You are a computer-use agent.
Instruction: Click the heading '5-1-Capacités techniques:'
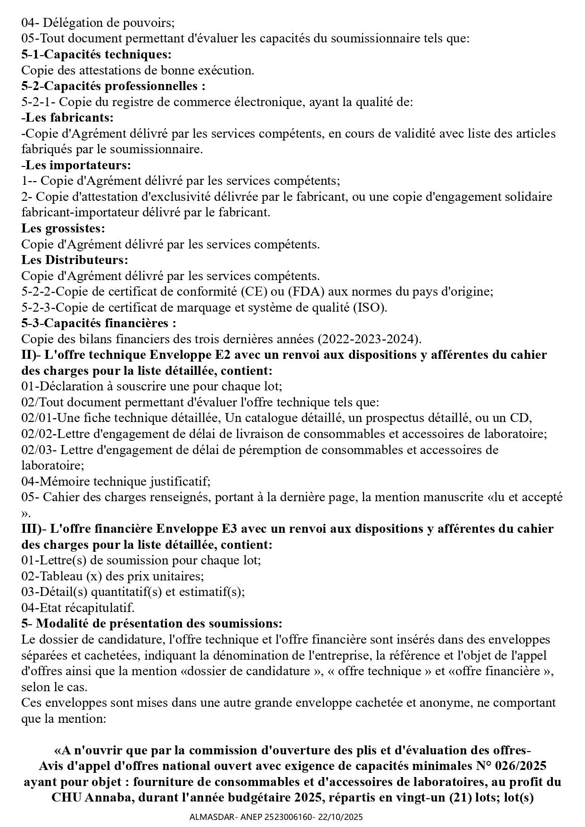[x=96, y=54]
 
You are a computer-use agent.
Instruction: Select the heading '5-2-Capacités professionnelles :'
[x=113, y=86]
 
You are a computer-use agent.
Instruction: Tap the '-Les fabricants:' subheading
[x=67, y=117]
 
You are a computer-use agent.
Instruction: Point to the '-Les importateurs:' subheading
[x=76, y=165]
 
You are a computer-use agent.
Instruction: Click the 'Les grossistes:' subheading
[x=63, y=228]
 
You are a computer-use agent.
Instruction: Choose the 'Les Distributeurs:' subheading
[x=74, y=260]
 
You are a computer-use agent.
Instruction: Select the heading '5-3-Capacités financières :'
[x=99, y=323]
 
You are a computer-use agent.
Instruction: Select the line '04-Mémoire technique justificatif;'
[x=115, y=481]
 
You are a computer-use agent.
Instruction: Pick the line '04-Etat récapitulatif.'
[x=78, y=608]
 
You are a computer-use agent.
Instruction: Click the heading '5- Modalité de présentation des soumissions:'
[x=151, y=623]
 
